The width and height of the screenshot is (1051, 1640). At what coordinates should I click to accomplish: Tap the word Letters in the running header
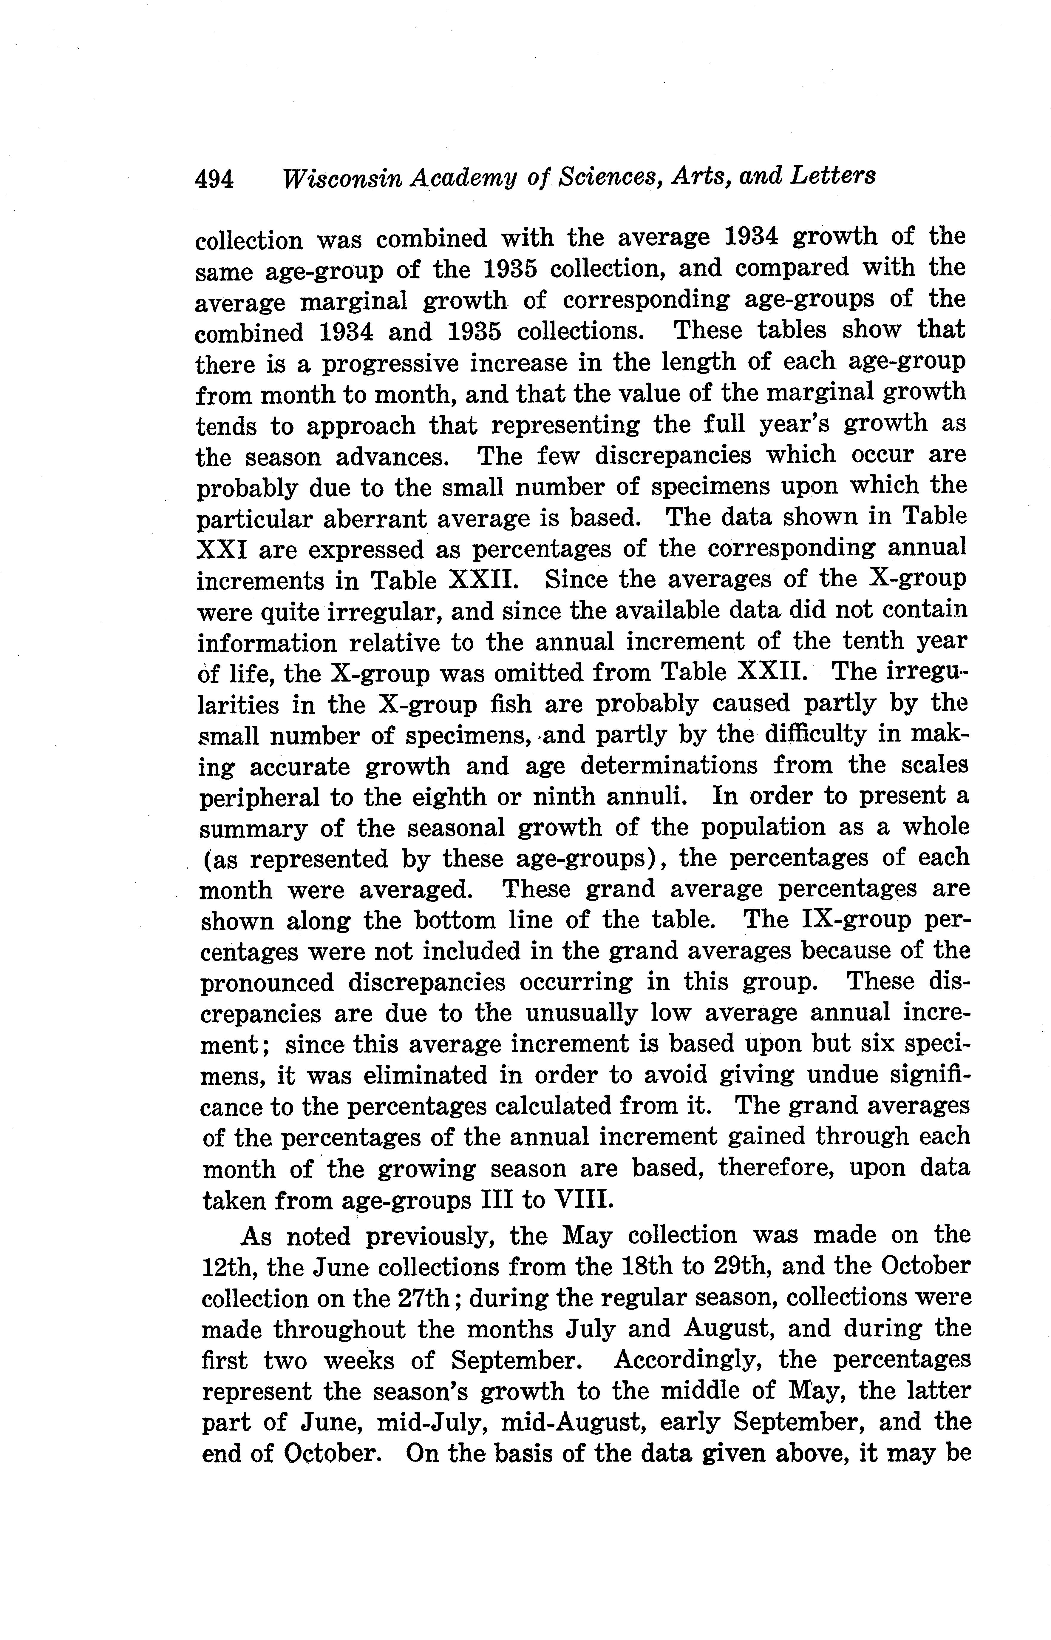click(x=833, y=176)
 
